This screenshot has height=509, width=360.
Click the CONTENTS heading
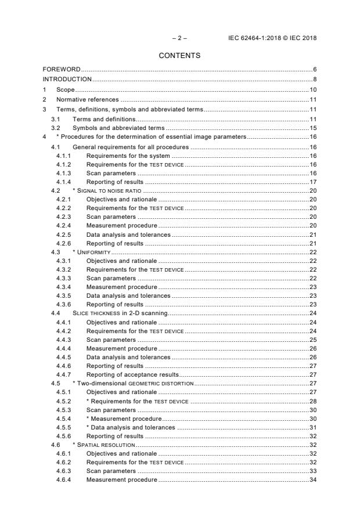coord(179,56)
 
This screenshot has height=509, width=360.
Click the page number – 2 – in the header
coord(179,38)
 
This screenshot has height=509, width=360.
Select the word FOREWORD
coord(61,70)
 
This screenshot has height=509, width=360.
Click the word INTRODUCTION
coord(67,79)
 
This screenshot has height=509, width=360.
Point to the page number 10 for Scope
coord(312,90)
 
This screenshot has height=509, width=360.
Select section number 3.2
coord(56,127)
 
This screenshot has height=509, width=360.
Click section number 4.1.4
coord(64,182)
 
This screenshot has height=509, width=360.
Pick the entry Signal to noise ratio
coord(110,191)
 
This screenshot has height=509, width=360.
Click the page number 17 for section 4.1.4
coord(312,182)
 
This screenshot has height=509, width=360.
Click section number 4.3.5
coord(64,295)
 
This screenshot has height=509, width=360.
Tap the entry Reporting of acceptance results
coord(132,375)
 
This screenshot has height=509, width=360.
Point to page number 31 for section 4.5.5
coord(312,427)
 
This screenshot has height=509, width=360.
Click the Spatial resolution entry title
coord(105,445)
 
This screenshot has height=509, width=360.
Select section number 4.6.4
coord(64,480)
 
